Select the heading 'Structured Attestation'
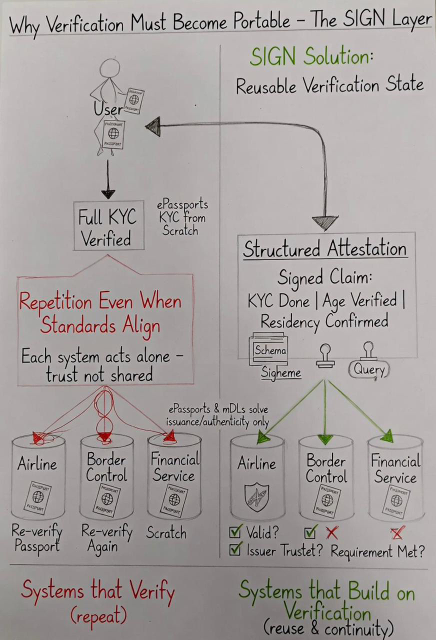(x=324, y=249)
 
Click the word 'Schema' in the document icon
(x=269, y=350)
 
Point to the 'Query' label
(x=369, y=369)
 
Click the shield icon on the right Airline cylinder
(x=256, y=497)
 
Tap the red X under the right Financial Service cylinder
(x=397, y=533)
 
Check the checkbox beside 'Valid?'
(x=235, y=532)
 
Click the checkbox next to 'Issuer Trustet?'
(x=235, y=550)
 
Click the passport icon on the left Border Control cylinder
(x=106, y=499)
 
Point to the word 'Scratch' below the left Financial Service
(x=166, y=533)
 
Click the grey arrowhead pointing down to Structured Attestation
(x=325, y=222)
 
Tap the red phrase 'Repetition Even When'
(x=99, y=302)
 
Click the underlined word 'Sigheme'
(x=281, y=372)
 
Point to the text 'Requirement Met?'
(x=377, y=552)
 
